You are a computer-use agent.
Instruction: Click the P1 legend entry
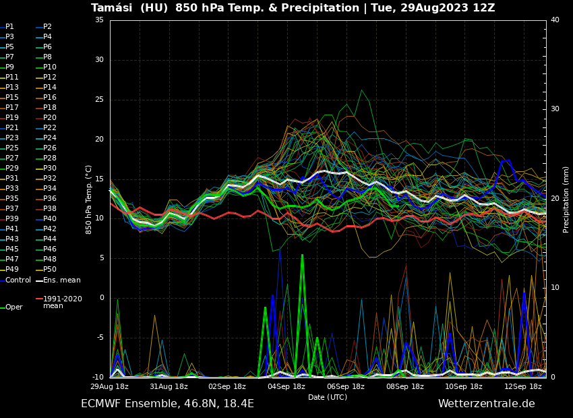(x=9, y=27)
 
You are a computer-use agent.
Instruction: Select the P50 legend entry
(x=50, y=270)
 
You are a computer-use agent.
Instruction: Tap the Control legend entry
(x=18, y=280)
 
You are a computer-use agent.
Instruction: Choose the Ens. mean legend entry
(x=61, y=280)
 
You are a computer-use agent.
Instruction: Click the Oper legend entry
(x=13, y=307)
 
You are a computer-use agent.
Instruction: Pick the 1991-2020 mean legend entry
(x=62, y=302)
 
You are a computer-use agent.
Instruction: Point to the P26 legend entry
(x=50, y=148)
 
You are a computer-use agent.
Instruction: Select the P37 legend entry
(x=12, y=209)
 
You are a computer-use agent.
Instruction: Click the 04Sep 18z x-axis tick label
(x=286, y=387)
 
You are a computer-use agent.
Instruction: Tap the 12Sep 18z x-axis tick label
(x=523, y=387)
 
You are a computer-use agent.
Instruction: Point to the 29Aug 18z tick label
(x=110, y=387)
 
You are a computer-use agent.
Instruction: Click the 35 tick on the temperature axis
(x=99, y=20)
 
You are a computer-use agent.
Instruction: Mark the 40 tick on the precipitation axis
(x=555, y=20)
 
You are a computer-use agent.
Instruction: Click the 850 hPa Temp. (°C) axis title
(x=89, y=200)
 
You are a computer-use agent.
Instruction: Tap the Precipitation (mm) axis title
(x=566, y=200)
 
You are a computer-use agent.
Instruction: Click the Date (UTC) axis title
(x=328, y=398)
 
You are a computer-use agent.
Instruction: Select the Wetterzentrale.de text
(x=486, y=404)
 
